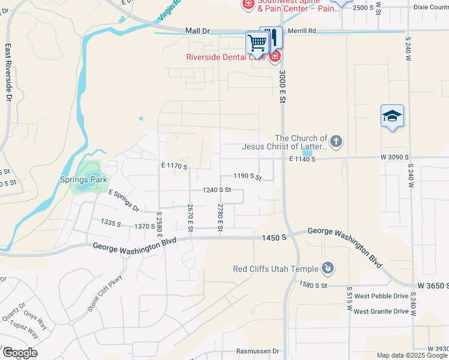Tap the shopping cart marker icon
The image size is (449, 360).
tap(257, 43)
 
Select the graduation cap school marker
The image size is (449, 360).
tap(392, 115)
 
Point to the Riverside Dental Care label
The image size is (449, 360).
tap(225, 58)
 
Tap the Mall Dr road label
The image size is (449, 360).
tap(197, 30)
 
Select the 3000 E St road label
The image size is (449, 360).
tap(281, 88)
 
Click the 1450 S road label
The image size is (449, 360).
tap(274, 238)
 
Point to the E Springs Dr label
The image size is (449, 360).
tap(124, 200)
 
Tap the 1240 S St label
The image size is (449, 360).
tap(217, 190)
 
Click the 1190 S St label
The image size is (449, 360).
tap(248, 176)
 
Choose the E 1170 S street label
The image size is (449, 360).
tap(174, 166)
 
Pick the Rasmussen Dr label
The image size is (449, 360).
tap(258, 351)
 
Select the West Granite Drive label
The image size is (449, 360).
tap(381, 311)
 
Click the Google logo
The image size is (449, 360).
tap(20, 353)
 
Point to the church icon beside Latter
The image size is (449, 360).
tap(336, 142)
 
